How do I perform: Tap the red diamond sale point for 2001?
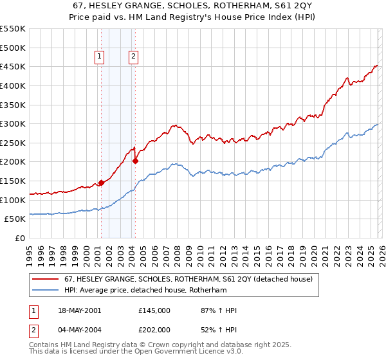click(101, 183)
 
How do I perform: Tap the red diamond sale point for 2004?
click(135, 161)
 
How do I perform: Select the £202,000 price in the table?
click(154, 329)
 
